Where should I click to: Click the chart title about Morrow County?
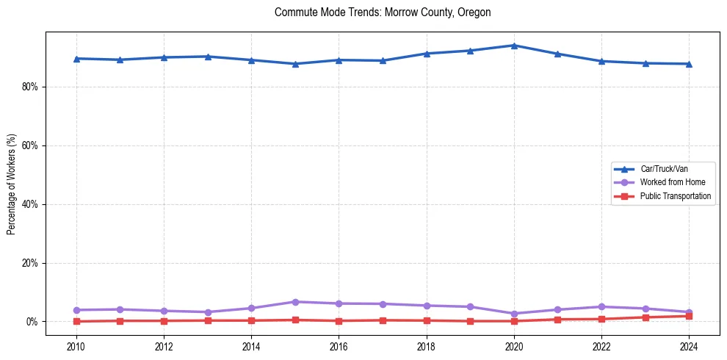[383, 12]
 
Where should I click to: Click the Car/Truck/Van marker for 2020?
[514, 46]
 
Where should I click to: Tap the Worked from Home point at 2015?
[295, 302]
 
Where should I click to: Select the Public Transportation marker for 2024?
[689, 316]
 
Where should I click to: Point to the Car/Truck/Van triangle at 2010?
[76, 59]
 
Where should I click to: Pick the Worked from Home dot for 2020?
[514, 314]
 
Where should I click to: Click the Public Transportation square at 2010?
[76, 321]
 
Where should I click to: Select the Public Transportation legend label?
[675, 196]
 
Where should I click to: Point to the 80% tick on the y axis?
[29, 87]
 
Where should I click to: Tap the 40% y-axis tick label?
[29, 204]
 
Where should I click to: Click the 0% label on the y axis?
[32, 322]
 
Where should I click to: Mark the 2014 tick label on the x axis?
[251, 346]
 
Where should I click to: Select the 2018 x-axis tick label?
[427, 346]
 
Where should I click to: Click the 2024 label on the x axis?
[689, 346]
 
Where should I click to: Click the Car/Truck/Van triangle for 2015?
[295, 64]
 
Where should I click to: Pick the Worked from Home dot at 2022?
[601, 306]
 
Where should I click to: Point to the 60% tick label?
[29, 145]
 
